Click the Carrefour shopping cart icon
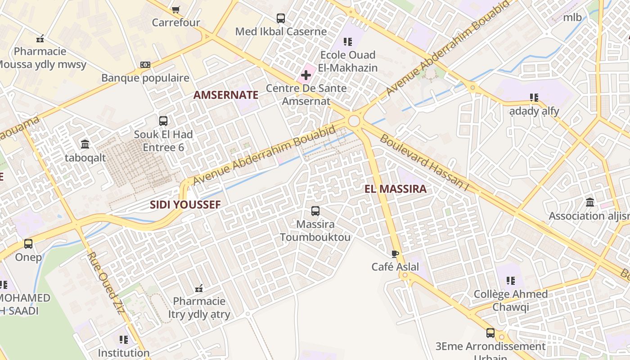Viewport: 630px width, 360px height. coord(176,9)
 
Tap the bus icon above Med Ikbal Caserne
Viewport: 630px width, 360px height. coord(281,18)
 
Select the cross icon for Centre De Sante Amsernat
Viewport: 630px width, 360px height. coord(306,75)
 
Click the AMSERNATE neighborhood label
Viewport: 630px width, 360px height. coord(226,95)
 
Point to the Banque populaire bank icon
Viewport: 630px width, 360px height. coord(145,65)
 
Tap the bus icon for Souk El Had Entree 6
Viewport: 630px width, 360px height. coord(163,121)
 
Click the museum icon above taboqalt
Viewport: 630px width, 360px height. coord(85,144)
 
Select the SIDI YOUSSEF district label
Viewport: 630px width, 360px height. coord(185,205)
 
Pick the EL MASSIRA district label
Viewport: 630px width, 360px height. coord(396,189)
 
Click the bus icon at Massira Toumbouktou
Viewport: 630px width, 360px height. coord(315,211)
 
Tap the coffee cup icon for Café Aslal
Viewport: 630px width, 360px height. coord(395,254)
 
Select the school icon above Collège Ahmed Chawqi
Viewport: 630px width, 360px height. coord(511,281)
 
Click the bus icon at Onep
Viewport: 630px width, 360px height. coord(28,244)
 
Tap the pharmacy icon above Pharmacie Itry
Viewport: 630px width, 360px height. coord(199,288)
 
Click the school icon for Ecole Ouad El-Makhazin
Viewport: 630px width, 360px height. coord(348,42)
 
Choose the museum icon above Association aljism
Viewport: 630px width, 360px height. coord(590,202)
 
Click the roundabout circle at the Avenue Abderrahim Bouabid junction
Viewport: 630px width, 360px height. coord(354,121)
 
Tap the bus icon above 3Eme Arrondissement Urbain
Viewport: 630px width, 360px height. coord(490,333)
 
